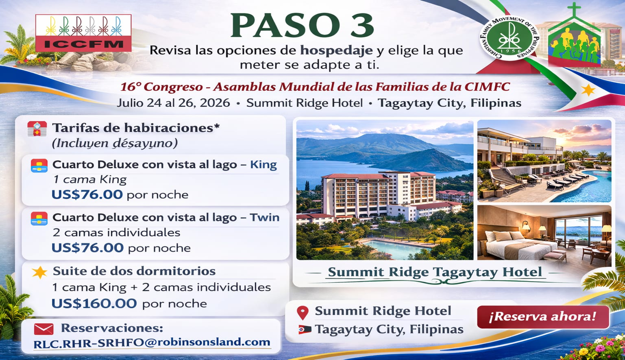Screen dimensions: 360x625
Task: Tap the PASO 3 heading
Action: (x=302, y=26)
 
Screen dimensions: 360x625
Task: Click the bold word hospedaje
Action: (x=336, y=50)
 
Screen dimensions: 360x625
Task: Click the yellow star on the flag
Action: (x=588, y=89)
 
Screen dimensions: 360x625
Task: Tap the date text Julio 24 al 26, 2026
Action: (x=173, y=103)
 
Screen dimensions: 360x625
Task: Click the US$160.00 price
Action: (x=94, y=303)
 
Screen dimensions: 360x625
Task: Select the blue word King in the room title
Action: (x=264, y=165)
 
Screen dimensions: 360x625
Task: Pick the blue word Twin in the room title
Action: (x=265, y=218)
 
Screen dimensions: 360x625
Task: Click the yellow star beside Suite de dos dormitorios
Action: (x=39, y=272)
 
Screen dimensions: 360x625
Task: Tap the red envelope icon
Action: (x=44, y=329)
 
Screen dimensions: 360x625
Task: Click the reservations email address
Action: (x=152, y=343)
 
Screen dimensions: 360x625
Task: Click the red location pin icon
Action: (x=303, y=312)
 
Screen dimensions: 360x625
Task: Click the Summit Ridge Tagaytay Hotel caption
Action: (x=435, y=272)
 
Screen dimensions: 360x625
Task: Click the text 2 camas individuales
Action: (x=116, y=233)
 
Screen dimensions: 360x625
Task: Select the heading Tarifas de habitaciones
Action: (x=136, y=128)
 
